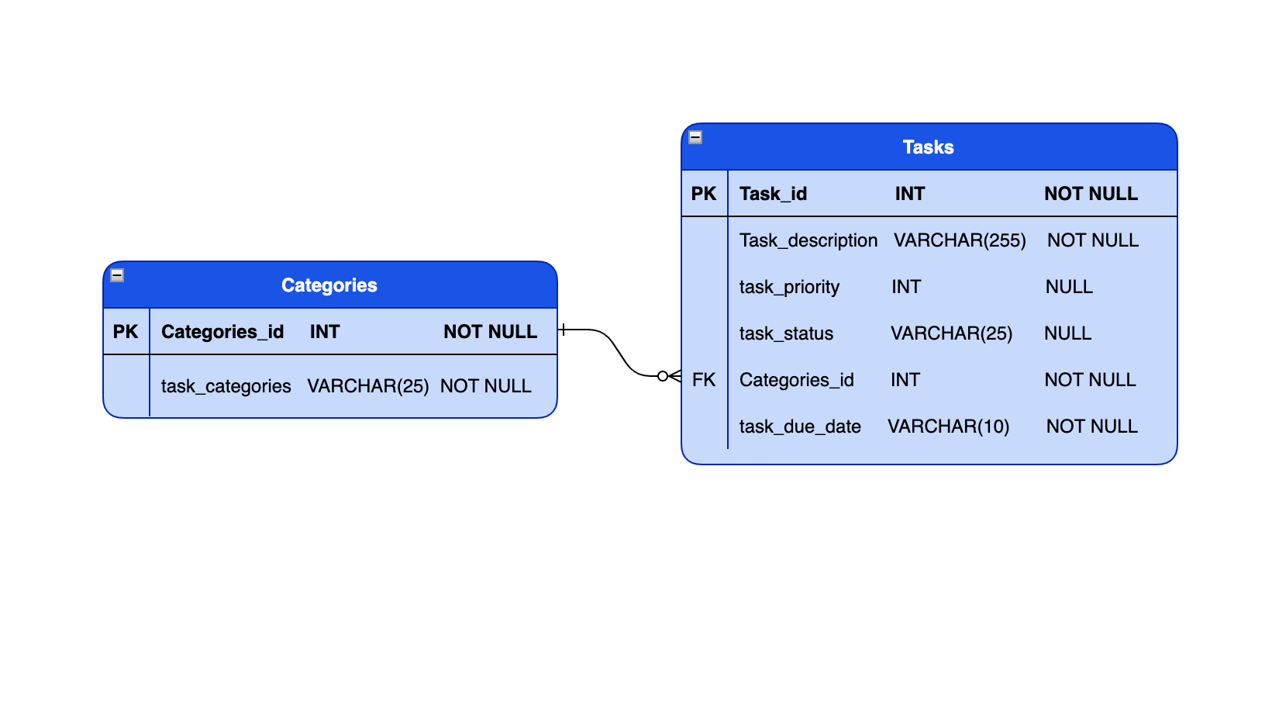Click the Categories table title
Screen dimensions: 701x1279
pos(329,285)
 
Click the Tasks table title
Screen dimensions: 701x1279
pos(928,147)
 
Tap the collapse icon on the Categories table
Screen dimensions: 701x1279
pos(117,275)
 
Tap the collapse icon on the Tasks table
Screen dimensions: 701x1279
pos(695,137)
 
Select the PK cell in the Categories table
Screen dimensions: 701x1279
pos(126,332)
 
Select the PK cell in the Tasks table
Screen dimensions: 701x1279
pos(704,194)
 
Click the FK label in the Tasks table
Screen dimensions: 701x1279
pos(704,380)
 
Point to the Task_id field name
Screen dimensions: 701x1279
pos(773,194)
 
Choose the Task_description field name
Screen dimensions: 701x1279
pos(808,240)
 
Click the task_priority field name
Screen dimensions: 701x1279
pos(789,287)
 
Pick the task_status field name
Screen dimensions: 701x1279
pos(786,333)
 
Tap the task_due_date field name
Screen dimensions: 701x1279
pos(800,426)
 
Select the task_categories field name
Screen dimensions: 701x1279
pos(226,386)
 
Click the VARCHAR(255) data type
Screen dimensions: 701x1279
pos(960,240)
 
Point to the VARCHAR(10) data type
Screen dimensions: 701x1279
pos(948,426)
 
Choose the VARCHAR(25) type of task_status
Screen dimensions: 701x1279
pos(951,333)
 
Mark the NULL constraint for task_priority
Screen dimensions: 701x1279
pos(1069,287)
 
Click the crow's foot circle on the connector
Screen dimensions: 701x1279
pos(663,376)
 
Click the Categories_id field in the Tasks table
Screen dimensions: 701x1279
pos(796,380)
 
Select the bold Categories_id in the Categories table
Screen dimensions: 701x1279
pos(222,332)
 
